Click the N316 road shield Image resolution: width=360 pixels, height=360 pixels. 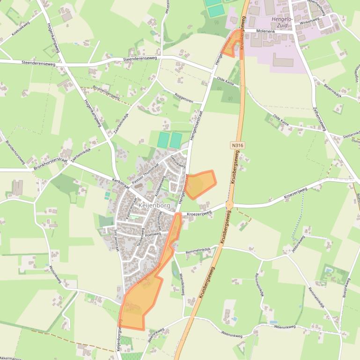tap(237, 145)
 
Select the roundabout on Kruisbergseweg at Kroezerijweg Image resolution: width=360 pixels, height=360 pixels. tap(229, 205)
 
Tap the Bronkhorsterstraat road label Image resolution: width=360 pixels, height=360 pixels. tap(51, 164)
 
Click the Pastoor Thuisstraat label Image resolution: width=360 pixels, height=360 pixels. tap(145, 173)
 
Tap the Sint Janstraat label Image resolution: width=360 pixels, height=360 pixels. tap(116, 240)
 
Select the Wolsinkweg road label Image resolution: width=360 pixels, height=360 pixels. tap(55, 274)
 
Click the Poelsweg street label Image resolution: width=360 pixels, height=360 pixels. tap(153, 234)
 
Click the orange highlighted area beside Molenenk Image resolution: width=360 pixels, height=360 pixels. tap(232, 45)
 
